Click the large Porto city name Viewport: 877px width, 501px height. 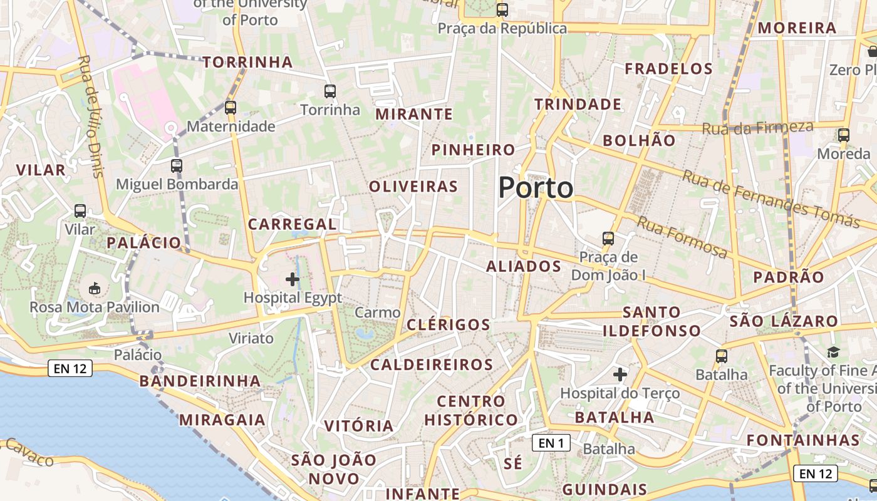pyautogui.click(x=536, y=188)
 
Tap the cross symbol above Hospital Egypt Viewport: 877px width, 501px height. pyautogui.click(x=293, y=279)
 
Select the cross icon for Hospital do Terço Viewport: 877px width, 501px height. pyautogui.click(x=620, y=374)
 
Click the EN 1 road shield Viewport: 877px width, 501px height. pyautogui.click(x=551, y=443)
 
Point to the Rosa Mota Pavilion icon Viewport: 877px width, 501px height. pyautogui.click(x=95, y=288)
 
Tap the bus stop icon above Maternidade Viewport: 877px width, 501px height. pyautogui.click(x=231, y=107)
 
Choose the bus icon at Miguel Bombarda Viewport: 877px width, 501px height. pyautogui.click(x=177, y=166)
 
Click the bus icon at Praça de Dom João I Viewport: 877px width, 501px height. pyautogui.click(x=608, y=238)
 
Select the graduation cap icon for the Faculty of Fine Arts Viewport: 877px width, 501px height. pyautogui.click(x=833, y=353)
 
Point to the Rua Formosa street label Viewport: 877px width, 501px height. pyautogui.click(x=683, y=237)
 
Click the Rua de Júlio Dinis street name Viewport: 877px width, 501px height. pyautogui.click(x=91, y=116)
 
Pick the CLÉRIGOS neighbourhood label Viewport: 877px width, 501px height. pyautogui.click(x=448, y=324)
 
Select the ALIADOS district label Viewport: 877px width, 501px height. pyautogui.click(x=524, y=267)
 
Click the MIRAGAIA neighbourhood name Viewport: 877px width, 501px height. pyautogui.click(x=222, y=420)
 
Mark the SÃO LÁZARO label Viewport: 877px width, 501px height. pyautogui.click(x=784, y=322)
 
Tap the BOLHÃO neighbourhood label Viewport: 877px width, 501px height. pyautogui.click(x=639, y=141)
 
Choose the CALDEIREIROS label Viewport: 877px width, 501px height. pyautogui.click(x=432, y=364)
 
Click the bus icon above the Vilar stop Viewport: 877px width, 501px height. pyautogui.click(x=80, y=211)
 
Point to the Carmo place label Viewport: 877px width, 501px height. pyautogui.click(x=377, y=312)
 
